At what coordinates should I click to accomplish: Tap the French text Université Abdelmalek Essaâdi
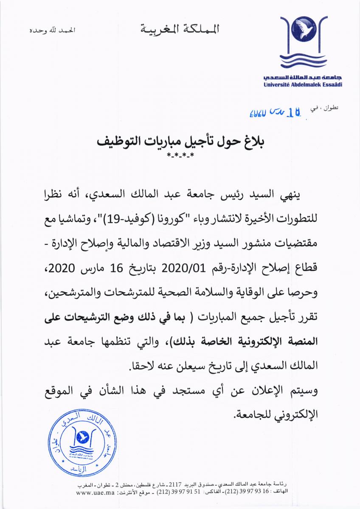point(303,85)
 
